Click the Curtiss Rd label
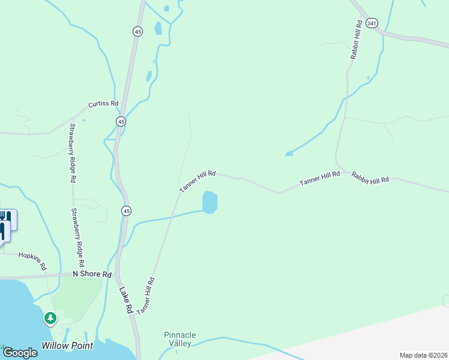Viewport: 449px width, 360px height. pyautogui.click(x=103, y=104)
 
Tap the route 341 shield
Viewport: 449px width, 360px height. pyautogui.click(x=372, y=23)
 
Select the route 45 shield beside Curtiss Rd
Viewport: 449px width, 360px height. pyautogui.click(x=121, y=121)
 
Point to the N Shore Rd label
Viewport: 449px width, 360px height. pyautogui.click(x=92, y=274)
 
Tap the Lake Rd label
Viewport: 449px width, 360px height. pyautogui.click(x=125, y=301)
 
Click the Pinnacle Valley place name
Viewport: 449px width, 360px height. pyautogui.click(x=180, y=339)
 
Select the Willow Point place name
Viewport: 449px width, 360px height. pyautogui.click(x=67, y=346)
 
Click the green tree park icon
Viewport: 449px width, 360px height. pyautogui.click(x=50, y=317)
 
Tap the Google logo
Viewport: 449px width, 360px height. pyautogui.click(x=20, y=352)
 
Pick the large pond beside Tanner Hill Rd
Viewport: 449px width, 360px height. pyautogui.click(x=209, y=202)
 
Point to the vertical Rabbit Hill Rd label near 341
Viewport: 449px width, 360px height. pyautogui.click(x=357, y=40)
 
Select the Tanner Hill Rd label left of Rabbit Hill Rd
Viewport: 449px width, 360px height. pyautogui.click(x=319, y=178)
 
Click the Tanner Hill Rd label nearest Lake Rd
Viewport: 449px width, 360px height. pyautogui.click(x=146, y=296)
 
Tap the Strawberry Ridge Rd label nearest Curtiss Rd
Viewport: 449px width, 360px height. pyautogui.click(x=73, y=153)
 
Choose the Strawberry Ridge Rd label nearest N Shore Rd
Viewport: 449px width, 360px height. pyautogui.click(x=77, y=238)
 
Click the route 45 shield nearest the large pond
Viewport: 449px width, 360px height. pyautogui.click(x=125, y=211)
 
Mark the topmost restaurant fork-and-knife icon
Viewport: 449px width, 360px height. pyautogui.click(x=6, y=217)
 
